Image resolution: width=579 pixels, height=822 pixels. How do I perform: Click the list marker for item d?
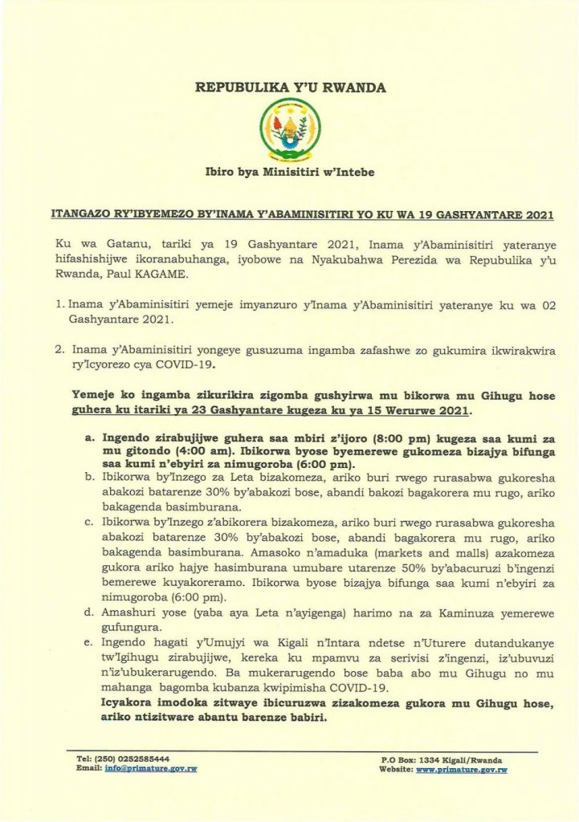pos(88,612)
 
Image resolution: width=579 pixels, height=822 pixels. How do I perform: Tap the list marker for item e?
pos(88,645)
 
